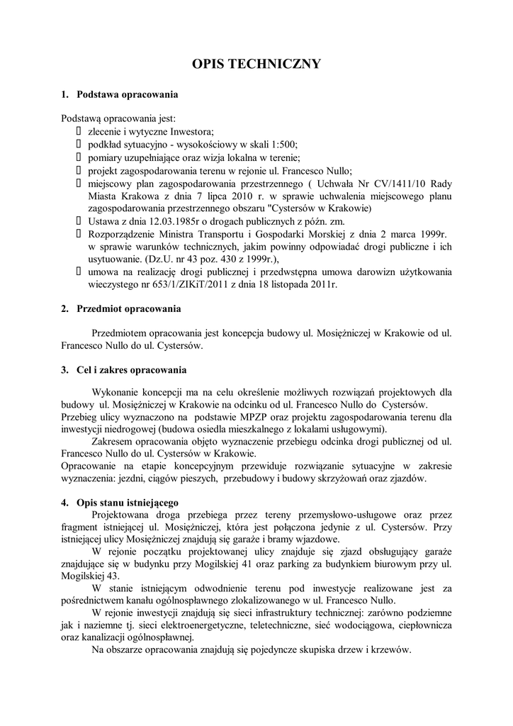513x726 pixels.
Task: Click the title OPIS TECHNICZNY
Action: (x=256, y=65)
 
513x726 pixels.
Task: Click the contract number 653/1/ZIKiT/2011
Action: (x=167, y=284)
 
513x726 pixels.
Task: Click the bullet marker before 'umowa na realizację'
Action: (x=78, y=272)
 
